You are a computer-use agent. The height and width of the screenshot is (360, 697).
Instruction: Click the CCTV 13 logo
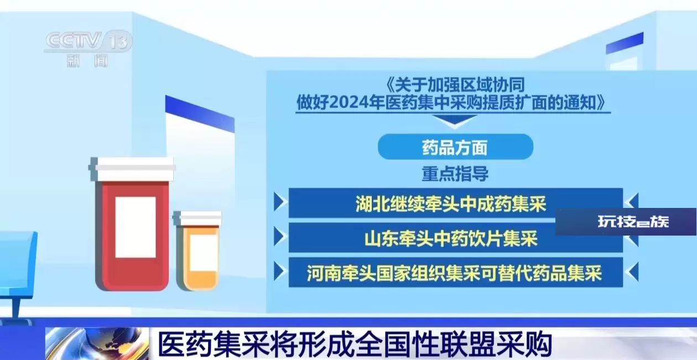(89, 41)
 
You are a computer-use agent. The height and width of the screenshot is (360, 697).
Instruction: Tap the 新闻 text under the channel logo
(87, 60)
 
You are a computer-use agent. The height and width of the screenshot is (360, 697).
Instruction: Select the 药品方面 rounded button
(455, 147)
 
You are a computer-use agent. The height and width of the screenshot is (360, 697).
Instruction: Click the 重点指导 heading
(455, 174)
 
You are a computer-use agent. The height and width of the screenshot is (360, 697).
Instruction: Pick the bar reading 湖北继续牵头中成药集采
(456, 203)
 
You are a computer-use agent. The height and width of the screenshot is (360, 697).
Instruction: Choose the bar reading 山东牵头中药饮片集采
(456, 238)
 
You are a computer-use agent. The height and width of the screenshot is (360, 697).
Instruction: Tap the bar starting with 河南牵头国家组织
(456, 272)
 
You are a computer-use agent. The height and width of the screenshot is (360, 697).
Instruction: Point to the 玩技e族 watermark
(633, 222)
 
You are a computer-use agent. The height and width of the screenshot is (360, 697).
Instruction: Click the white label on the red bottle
(136, 227)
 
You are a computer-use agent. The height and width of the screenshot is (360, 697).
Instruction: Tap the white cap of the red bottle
(132, 169)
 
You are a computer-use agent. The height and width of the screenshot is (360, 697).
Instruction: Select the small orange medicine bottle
(197, 251)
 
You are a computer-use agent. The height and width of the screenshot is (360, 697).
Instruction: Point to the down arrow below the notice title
(454, 121)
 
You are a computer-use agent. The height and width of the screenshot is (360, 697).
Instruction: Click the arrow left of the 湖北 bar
(280, 202)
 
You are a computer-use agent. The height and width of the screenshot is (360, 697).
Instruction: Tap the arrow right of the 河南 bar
(632, 272)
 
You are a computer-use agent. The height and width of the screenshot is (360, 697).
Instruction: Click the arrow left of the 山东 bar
(280, 237)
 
